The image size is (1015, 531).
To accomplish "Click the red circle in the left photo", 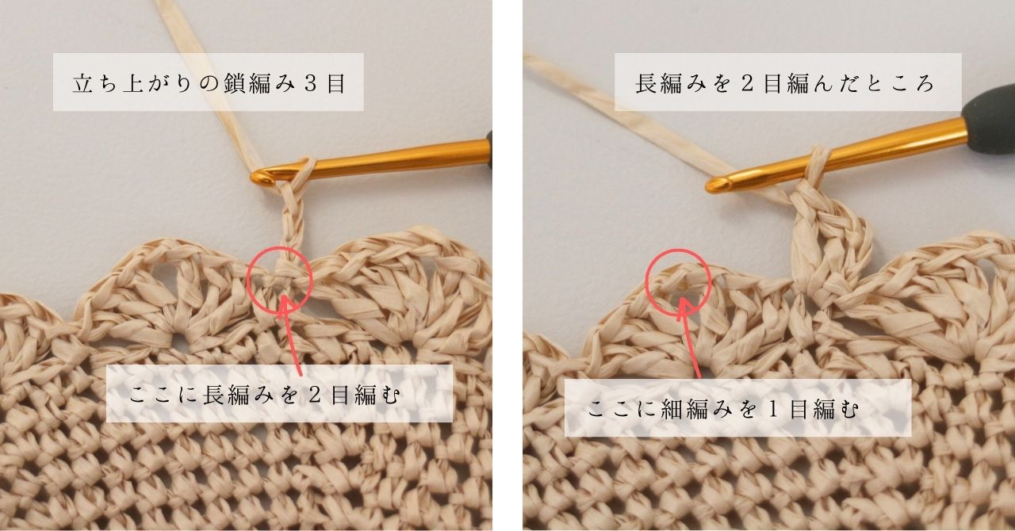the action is (x=248, y=280).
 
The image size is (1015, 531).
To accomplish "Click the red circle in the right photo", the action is (x=646, y=281).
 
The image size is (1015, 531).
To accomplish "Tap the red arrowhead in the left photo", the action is (x=284, y=305).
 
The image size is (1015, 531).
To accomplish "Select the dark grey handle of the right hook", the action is (x=988, y=103).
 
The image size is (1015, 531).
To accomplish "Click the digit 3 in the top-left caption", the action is (x=311, y=83).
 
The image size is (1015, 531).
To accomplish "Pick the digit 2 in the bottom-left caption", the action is (x=316, y=395).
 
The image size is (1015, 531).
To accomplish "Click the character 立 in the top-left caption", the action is (x=83, y=83).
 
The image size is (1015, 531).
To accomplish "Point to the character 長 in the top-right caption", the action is (x=646, y=84).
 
